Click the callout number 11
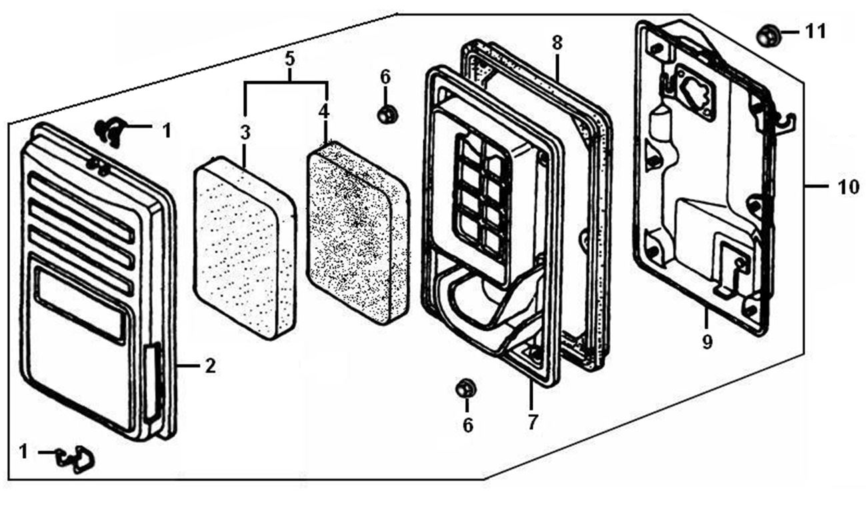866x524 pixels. point(816,32)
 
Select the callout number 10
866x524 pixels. point(848,187)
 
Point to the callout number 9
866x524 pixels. point(707,342)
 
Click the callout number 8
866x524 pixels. point(557,43)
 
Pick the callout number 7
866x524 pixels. point(533,422)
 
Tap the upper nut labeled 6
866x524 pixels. point(388,114)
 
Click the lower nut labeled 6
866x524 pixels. point(466,388)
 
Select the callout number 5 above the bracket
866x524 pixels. point(290,59)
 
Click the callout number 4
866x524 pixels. point(324,111)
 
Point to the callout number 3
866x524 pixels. point(245,133)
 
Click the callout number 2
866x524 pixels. point(210,366)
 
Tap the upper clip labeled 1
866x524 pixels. point(111,131)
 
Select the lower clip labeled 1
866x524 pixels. point(76,459)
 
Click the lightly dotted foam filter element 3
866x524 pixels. point(245,248)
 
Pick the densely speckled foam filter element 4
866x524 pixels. point(358,233)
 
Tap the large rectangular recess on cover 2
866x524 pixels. point(81,305)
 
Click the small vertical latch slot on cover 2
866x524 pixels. point(153,382)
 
